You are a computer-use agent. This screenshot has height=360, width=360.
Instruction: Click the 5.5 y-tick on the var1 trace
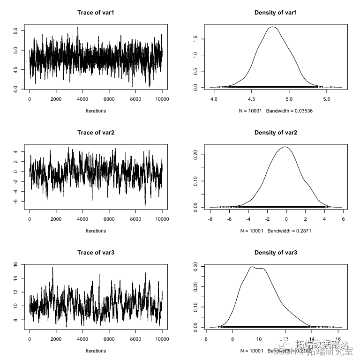pyautogui.click(x=16, y=30)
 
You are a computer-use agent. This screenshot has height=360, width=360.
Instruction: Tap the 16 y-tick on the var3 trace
pyautogui.click(x=16, y=264)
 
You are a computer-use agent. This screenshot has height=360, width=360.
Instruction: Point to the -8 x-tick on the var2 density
pyautogui.click(x=210, y=219)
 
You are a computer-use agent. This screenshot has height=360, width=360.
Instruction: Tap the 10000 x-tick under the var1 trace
pyautogui.click(x=162, y=99)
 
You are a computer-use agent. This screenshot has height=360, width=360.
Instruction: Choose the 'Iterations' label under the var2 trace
pyautogui.click(x=96, y=231)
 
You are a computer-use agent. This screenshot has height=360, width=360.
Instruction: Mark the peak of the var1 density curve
pyautogui.click(x=272, y=27)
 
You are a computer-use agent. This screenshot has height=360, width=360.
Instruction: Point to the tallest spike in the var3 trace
pyautogui.click(x=52, y=267)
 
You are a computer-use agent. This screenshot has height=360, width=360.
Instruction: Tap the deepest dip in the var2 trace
pyautogui.click(x=145, y=206)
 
